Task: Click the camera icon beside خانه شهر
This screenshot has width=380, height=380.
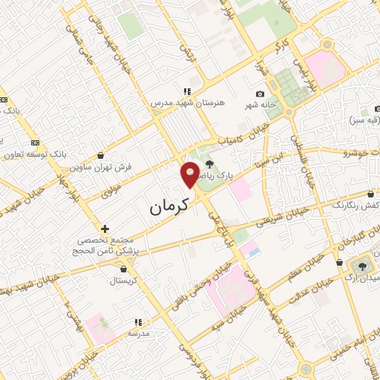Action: pos(260,94)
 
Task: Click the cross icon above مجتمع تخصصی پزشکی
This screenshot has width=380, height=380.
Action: pos(105,229)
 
